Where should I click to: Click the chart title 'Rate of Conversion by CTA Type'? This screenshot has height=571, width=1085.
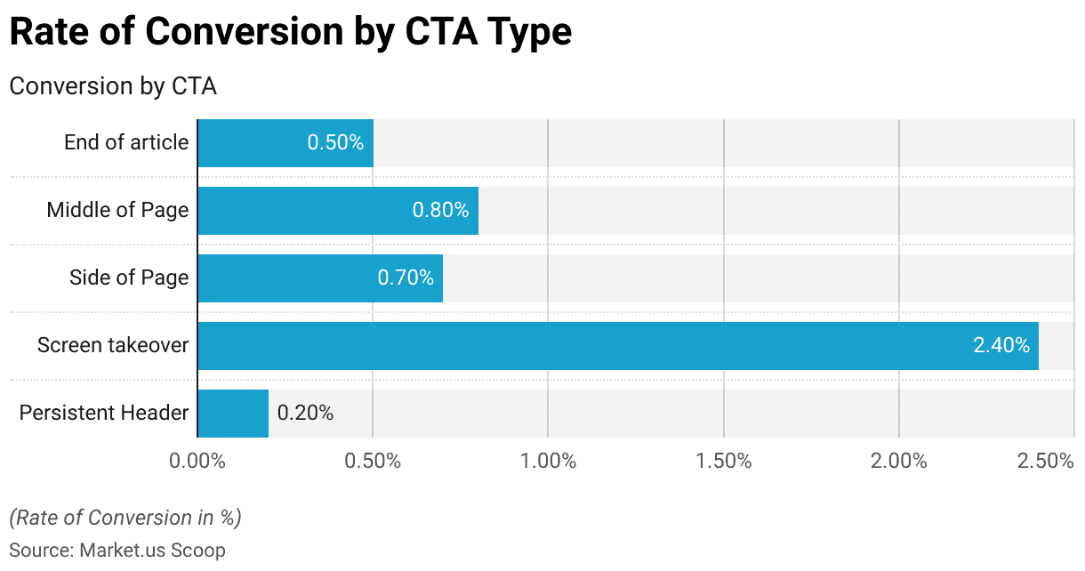(290, 33)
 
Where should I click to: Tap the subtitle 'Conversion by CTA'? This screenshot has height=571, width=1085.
(113, 86)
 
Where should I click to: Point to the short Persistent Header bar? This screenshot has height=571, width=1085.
(233, 414)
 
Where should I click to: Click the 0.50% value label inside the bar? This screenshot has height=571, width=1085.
(335, 142)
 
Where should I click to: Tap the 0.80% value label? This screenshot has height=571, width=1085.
(440, 211)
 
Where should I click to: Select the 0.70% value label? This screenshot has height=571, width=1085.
(406, 278)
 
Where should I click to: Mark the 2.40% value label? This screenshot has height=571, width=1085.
(1001, 346)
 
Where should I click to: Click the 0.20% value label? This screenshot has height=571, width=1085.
(305, 414)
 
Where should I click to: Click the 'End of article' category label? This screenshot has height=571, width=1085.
(126, 142)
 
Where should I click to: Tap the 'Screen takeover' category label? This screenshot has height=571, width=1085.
(113, 346)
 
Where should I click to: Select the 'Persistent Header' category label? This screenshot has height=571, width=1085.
(104, 414)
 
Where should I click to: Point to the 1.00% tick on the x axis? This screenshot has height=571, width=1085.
(548, 461)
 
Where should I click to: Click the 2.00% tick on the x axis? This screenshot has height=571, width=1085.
(899, 461)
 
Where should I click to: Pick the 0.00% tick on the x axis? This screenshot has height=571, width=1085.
(197, 461)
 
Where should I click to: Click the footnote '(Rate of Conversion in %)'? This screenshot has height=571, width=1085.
(125, 518)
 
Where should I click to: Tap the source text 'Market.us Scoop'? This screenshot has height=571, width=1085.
(152, 551)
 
